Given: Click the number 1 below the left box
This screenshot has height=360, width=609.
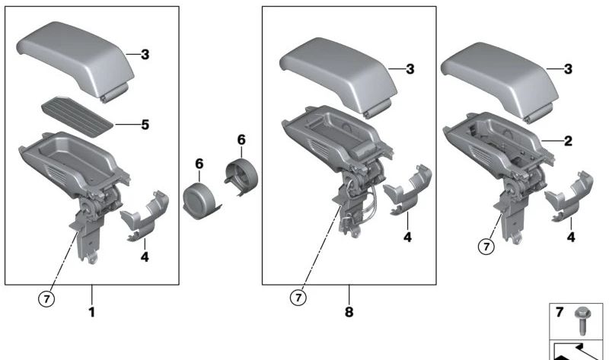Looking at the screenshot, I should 91,311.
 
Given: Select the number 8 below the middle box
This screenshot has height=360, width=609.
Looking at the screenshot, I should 349,311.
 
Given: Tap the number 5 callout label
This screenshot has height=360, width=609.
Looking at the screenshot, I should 145,123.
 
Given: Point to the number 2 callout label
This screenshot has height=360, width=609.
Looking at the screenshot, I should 567,141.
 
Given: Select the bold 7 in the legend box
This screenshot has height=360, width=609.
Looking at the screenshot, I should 559,312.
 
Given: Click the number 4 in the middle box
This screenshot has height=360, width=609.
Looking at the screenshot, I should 407,238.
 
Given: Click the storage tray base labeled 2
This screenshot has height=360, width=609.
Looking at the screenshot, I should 495,145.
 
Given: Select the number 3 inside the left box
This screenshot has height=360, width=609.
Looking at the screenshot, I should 145,54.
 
